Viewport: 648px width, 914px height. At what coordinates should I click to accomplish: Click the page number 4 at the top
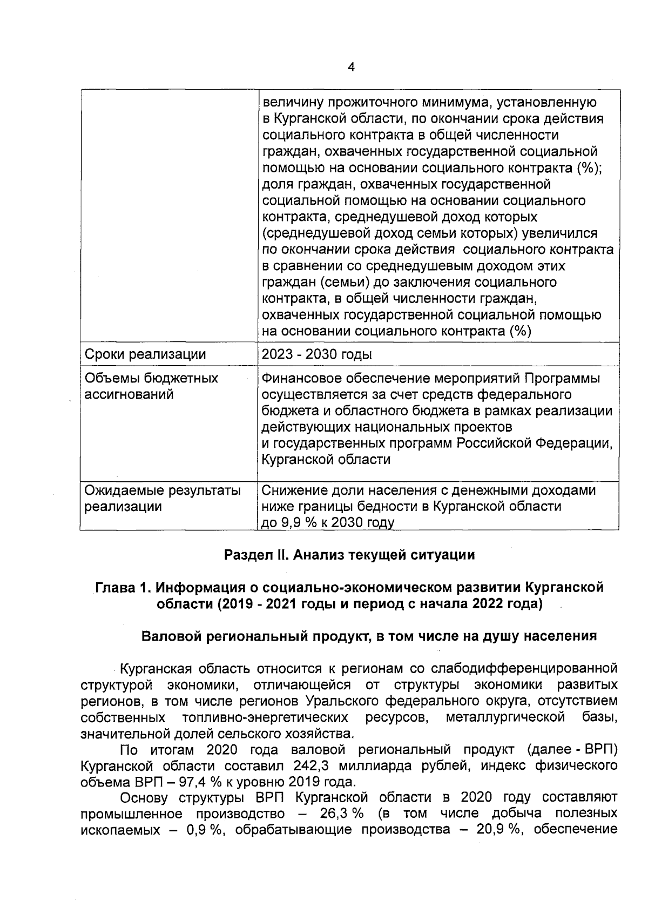pyautogui.click(x=351, y=68)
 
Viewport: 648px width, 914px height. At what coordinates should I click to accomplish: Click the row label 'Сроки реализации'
pyautogui.click(x=145, y=354)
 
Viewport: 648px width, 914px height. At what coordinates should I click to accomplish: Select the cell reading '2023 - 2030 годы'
pyautogui.click(x=316, y=354)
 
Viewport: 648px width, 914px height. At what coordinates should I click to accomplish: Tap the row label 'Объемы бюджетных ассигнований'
pyautogui.click(x=152, y=386)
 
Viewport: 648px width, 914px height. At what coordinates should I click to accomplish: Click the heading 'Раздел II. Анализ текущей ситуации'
pyautogui.click(x=349, y=555)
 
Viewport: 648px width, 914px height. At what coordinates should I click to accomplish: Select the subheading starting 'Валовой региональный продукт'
pyautogui.click(x=369, y=636)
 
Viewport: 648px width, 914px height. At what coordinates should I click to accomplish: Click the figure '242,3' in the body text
pyautogui.click(x=312, y=766)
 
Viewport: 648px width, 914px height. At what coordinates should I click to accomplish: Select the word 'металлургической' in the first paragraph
pyautogui.click(x=505, y=717)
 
